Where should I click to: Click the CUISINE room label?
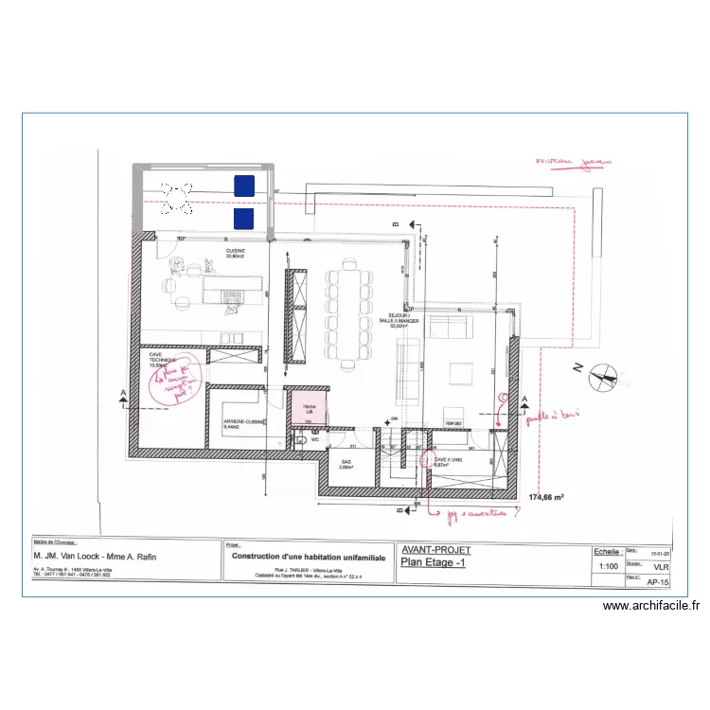pos(235,254)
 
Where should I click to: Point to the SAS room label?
pos(346,464)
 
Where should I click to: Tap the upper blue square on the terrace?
pos(244,186)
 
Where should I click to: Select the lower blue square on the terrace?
pos(244,219)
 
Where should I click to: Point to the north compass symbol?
pos(600,376)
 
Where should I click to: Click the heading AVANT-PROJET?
pos(436,549)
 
